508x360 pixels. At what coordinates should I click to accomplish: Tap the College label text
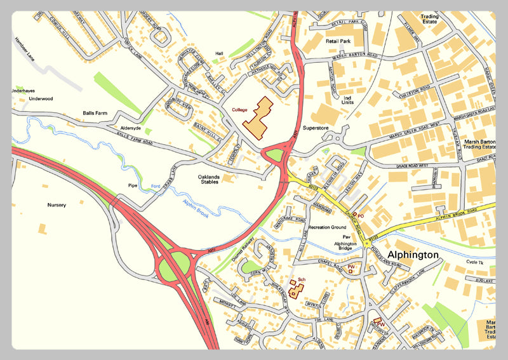239,110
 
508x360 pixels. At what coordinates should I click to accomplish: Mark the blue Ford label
155,186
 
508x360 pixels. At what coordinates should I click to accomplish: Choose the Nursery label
57,205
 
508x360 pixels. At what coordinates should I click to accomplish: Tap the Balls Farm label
97,114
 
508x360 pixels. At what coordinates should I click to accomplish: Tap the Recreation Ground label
327,227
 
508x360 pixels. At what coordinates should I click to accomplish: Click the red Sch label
302,279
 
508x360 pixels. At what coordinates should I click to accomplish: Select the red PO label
360,217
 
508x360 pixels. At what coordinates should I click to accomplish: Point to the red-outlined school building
295,289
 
